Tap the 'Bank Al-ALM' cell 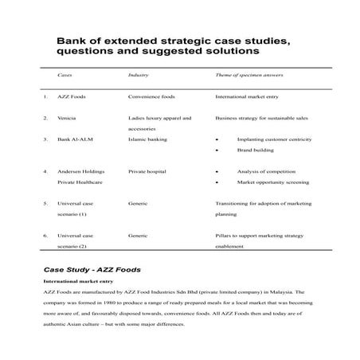click(72, 139)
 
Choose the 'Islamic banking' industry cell click(147, 139)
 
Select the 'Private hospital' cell click(149, 171)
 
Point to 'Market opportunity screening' click(271, 182)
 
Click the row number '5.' click(46, 203)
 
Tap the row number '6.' click(46, 236)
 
